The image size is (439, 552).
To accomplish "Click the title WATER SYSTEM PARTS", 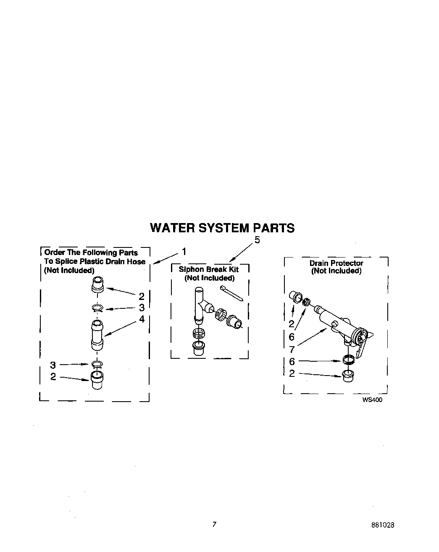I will pos(222,228).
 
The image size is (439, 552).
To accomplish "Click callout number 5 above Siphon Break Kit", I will pos(257,240).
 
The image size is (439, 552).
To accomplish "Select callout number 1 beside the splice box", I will pos(184,252).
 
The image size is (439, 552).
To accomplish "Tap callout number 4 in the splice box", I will pos(142,319).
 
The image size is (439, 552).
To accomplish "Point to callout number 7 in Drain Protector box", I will pos(292,349).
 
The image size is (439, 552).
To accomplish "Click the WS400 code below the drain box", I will pos(372,400).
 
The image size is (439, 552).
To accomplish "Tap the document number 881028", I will pos(383,525).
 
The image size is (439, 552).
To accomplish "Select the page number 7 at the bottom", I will pos(214,524).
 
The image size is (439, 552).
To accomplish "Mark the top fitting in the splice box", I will pos(97,284).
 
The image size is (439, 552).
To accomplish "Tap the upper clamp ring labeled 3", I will pos(97,309).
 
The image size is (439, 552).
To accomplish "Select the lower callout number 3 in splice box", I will pos(53,365).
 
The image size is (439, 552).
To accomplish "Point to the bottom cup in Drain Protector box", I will pos(347,375).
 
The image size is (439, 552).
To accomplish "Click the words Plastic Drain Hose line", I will pos(95,261).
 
